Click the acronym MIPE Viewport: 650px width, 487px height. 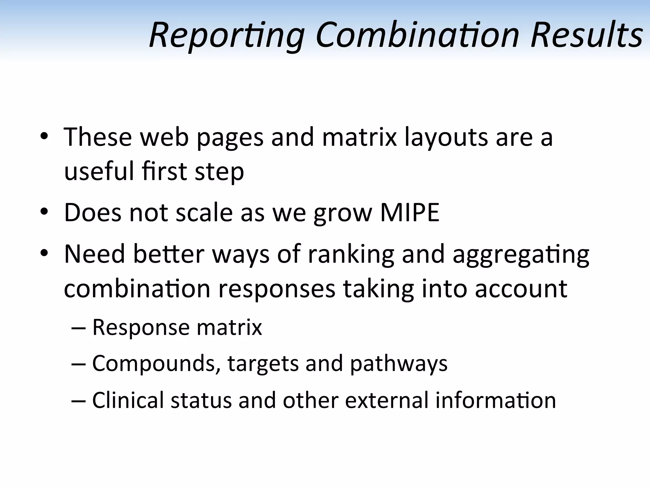409,212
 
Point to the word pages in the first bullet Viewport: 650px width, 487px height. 230,138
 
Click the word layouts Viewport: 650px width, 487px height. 446,138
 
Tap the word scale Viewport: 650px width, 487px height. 204,213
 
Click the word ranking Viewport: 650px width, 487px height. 351,255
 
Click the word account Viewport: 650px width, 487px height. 521,289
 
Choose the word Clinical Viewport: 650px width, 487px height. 128,400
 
